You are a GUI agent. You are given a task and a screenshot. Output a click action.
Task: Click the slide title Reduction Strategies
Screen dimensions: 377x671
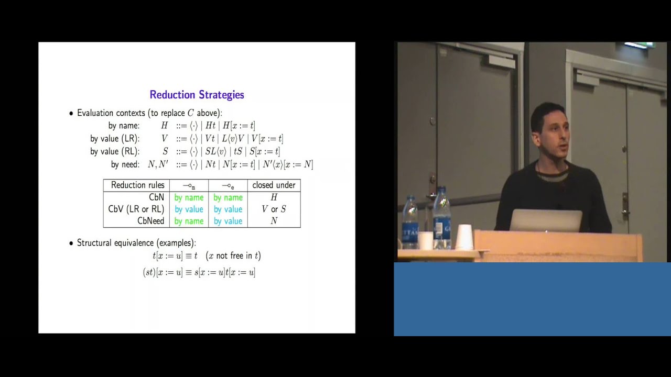pyautogui.click(x=197, y=95)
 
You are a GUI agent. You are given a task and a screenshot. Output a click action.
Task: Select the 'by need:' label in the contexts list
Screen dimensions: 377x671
pyautogui.click(x=125, y=164)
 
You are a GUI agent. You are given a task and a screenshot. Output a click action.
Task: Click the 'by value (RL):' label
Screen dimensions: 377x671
pyautogui.click(x=114, y=151)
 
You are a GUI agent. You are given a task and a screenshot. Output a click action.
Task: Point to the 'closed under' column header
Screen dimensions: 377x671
pyautogui.click(x=274, y=185)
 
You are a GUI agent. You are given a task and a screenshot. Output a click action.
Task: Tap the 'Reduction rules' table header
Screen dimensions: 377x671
pyautogui.click(x=137, y=185)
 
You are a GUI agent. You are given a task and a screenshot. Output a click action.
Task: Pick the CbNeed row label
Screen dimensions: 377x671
pyautogui.click(x=150, y=221)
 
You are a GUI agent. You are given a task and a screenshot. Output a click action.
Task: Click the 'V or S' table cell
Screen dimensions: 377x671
pyautogui.click(x=274, y=209)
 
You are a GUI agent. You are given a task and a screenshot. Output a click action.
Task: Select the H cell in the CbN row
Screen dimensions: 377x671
pyautogui.click(x=274, y=197)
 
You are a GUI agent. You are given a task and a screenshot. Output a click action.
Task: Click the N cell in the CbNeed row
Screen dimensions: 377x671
pyautogui.click(x=274, y=221)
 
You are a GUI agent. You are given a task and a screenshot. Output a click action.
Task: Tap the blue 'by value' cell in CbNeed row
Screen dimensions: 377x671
pyautogui.click(x=228, y=221)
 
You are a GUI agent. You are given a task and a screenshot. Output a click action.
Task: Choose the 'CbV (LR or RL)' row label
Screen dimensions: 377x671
pyautogui.click(x=136, y=209)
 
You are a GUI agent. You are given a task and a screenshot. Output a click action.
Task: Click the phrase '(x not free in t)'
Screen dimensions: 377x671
pyautogui.click(x=233, y=256)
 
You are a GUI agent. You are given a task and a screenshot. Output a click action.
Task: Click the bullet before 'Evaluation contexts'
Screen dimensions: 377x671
pyautogui.click(x=71, y=113)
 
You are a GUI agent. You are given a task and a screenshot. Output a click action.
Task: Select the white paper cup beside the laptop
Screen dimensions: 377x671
pyautogui.click(x=464, y=237)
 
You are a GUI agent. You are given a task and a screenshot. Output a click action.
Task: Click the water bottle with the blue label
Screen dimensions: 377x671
pyautogui.click(x=442, y=220)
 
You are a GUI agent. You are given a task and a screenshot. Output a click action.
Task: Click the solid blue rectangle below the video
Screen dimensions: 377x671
pyautogui.click(x=532, y=298)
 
